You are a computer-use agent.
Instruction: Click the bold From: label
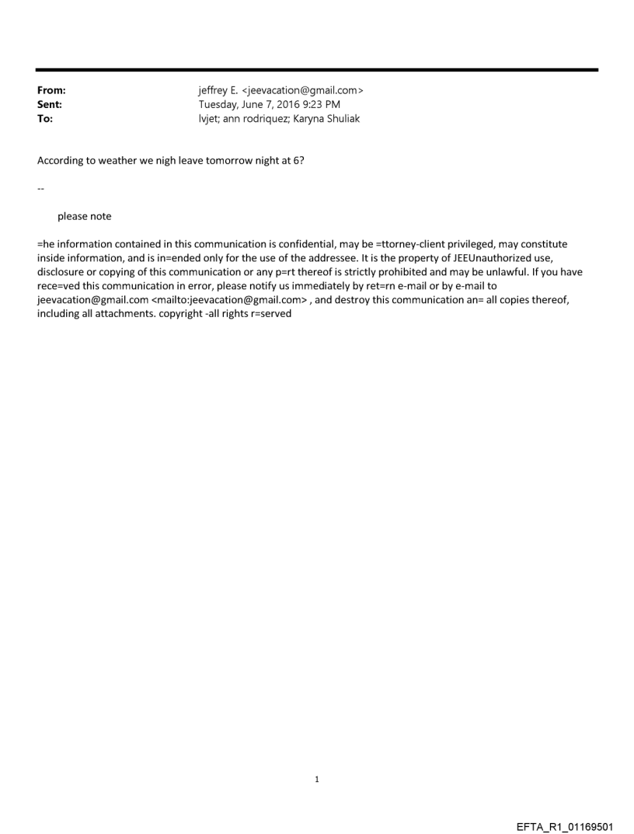point(51,90)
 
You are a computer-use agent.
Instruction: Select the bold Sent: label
point(50,104)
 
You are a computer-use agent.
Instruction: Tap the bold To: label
point(45,119)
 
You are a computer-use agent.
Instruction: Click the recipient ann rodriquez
point(258,119)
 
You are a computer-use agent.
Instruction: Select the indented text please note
point(84,216)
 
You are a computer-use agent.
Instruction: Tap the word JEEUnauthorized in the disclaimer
point(489,258)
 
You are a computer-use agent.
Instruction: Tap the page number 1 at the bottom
point(317,779)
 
